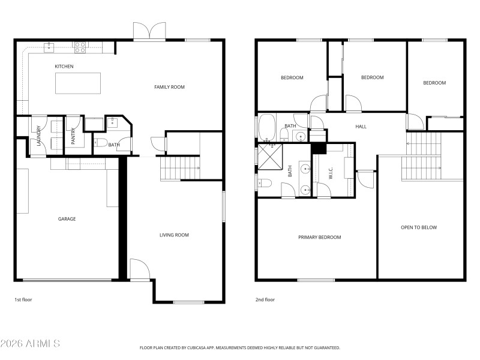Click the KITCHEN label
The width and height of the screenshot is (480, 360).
[64, 67]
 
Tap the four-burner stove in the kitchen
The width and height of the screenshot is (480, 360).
[80, 47]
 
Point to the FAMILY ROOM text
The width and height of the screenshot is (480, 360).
[169, 87]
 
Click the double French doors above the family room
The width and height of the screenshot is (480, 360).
[149, 31]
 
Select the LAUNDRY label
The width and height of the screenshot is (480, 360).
[39, 136]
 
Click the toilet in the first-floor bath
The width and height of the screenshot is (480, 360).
[100, 143]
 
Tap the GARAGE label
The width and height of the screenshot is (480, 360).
[67, 219]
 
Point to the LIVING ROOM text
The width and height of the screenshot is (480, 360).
[174, 235]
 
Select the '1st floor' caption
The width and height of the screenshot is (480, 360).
[23, 299]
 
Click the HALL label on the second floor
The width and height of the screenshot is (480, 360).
[361, 127]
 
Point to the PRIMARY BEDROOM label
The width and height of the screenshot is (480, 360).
[319, 238]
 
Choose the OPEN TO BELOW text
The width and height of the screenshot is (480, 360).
[419, 227]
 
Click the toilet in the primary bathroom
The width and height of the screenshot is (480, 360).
[266, 183]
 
